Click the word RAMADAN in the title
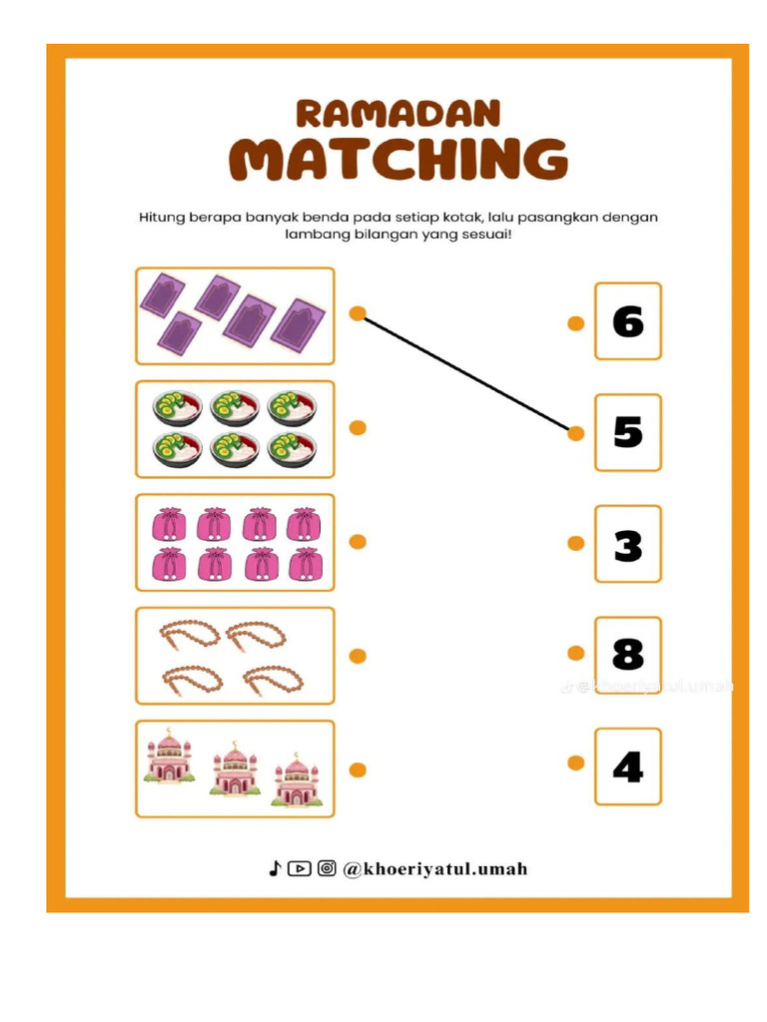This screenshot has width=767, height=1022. tap(397, 113)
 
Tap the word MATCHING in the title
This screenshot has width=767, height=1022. tap(397, 160)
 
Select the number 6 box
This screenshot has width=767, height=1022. tap(627, 321)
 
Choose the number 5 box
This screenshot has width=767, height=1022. tap(627, 432)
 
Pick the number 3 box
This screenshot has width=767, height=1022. tap(627, 544)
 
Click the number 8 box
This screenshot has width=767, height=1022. tap(627, 655)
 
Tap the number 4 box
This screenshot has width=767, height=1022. tap(627, 766)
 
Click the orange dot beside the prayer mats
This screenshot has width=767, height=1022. tap(358, 313)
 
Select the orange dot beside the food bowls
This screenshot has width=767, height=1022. tap(358, 428)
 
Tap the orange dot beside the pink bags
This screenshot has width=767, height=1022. tap(358, 542)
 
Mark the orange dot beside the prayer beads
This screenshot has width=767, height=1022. tap(358, 656)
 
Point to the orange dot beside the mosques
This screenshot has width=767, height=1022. tap(358, 769)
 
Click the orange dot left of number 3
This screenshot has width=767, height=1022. tap(575, 544)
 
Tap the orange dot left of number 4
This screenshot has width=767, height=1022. tap(575, 764)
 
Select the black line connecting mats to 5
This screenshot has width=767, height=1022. tap(466, 374)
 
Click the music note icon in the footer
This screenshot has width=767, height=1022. tap(275, 868)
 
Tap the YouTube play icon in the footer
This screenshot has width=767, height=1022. tap(300, 868)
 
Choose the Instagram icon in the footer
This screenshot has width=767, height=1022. tap(327, 868)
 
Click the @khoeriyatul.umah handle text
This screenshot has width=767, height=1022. tap(434, 869)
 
